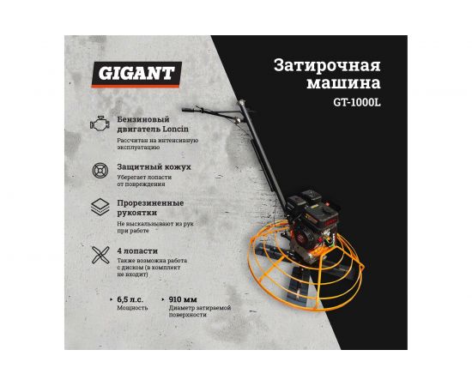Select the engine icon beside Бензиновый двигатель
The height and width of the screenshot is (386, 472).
[x=100, y=124]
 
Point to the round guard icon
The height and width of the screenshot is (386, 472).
[x=101, y=168]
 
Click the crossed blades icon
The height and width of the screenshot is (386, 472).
[x=101, y=256]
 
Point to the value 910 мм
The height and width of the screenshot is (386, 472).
[x=186, y=299]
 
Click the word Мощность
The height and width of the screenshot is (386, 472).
[x=132, y=307]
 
